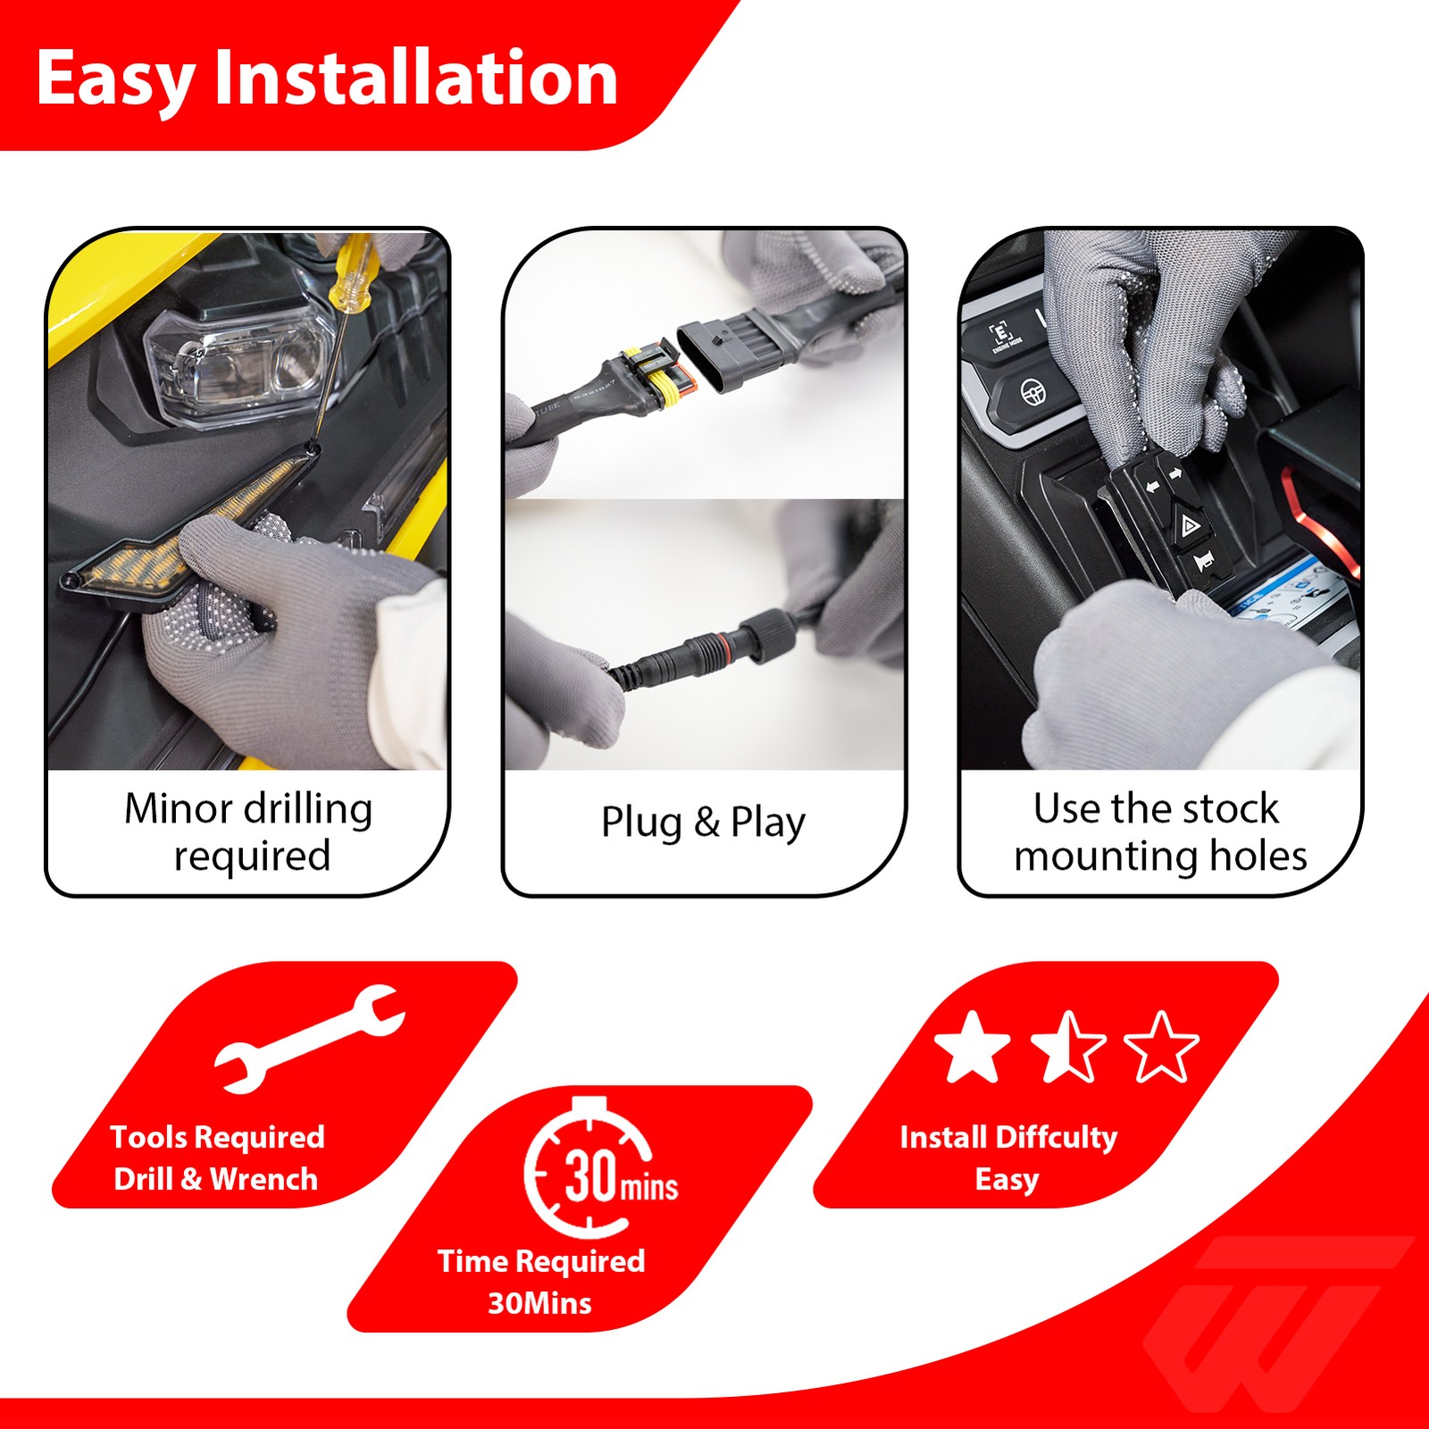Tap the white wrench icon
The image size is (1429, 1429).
310,1039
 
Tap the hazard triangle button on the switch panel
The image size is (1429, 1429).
1190,525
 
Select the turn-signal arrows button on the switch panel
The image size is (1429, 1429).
1164,481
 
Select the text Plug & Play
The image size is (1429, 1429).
703,823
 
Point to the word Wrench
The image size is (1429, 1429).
264,1179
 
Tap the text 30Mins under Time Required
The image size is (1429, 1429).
539,1303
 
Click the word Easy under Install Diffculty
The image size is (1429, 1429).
1007,1180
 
